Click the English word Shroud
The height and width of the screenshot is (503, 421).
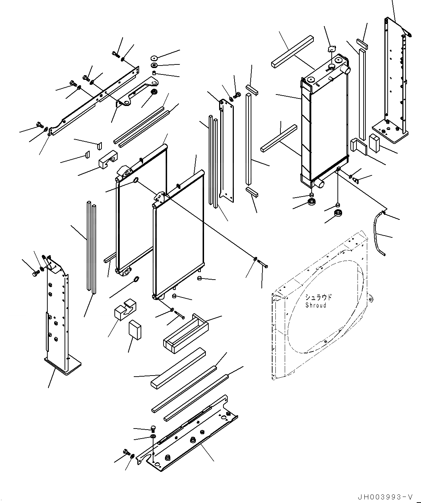click(x=316, y=305)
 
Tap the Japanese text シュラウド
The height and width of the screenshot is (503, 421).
click(x=318, y=298)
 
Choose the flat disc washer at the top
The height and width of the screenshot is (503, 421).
click(x=155, y=58)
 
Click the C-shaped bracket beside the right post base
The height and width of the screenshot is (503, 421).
click(x=356, y=147)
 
